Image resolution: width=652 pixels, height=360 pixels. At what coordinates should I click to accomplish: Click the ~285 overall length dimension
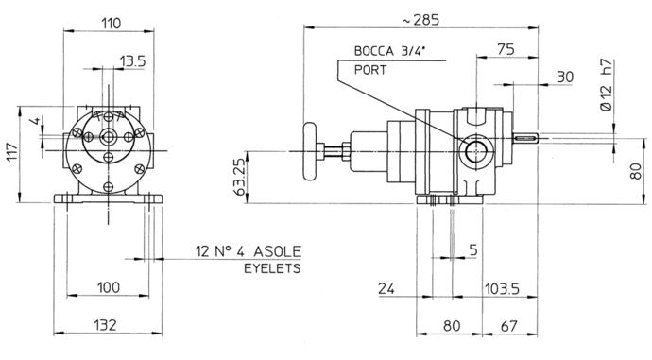click(x=420, y=20)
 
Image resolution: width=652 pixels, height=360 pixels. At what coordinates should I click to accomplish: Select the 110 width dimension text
click(x=111, y=23)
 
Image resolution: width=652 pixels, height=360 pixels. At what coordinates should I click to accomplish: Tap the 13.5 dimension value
click(x=133, y=61)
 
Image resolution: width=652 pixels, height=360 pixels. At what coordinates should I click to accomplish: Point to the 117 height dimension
click(x=11, y=152)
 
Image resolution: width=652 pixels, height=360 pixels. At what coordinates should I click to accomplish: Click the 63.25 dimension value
click(x=240, y=178)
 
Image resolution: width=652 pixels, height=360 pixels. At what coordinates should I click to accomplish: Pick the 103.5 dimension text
click(x=503, y=288)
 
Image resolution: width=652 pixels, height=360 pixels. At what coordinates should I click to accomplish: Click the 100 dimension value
click(x=109, y=287)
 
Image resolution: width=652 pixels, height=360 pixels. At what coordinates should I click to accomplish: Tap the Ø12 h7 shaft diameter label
click(x=607, y=85)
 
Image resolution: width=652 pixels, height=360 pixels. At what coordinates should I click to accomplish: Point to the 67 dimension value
click(x=508, y=326)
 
